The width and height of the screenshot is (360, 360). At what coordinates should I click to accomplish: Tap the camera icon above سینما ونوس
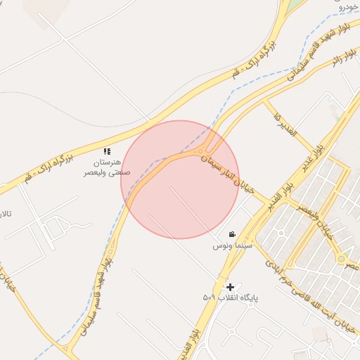pos(232,234)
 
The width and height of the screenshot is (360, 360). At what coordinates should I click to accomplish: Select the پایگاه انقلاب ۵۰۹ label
pos(231,298)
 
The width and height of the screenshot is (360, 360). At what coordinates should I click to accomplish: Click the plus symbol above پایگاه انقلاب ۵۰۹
pos(230,287)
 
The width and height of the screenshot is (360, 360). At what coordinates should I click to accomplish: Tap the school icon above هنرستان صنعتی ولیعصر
pos(107,151)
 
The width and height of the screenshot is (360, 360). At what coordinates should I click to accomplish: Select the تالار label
pos(6,213)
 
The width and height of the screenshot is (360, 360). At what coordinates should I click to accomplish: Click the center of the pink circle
pos(180,179)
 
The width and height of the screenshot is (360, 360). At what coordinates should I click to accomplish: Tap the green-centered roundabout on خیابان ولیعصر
pos(341,259)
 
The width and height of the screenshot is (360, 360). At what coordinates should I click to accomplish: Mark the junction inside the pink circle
pos(203,150)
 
